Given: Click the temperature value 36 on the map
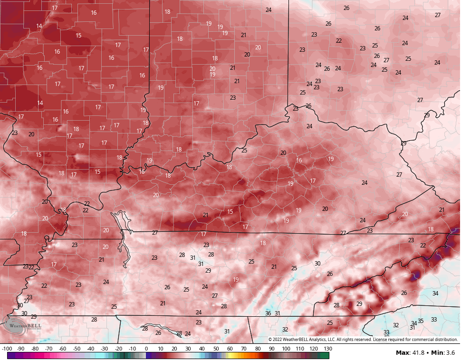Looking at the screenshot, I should [268, 313].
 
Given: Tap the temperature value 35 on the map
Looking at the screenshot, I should [421, 321].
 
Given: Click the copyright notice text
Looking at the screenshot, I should [363, 340].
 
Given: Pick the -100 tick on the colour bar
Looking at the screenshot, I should [7, 349].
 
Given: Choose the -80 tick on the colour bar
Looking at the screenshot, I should [35, 349].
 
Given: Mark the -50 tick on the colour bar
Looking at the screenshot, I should [77, 349].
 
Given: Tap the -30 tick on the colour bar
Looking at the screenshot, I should [105, 349].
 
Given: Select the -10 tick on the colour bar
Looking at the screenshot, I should [132, 349].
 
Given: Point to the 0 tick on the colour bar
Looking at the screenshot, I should [146, 349].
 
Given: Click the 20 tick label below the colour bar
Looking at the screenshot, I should [174, 349].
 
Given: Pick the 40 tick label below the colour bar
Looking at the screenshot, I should [202, 349].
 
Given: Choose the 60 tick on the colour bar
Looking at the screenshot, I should [230, 349].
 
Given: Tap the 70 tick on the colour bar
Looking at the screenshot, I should [244, 349].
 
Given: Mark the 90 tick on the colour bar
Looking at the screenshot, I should [272, 349].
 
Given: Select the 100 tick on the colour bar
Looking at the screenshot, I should [286, 349].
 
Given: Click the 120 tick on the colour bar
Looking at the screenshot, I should [314, 349].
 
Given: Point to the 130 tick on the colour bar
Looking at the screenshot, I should [327, 349].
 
